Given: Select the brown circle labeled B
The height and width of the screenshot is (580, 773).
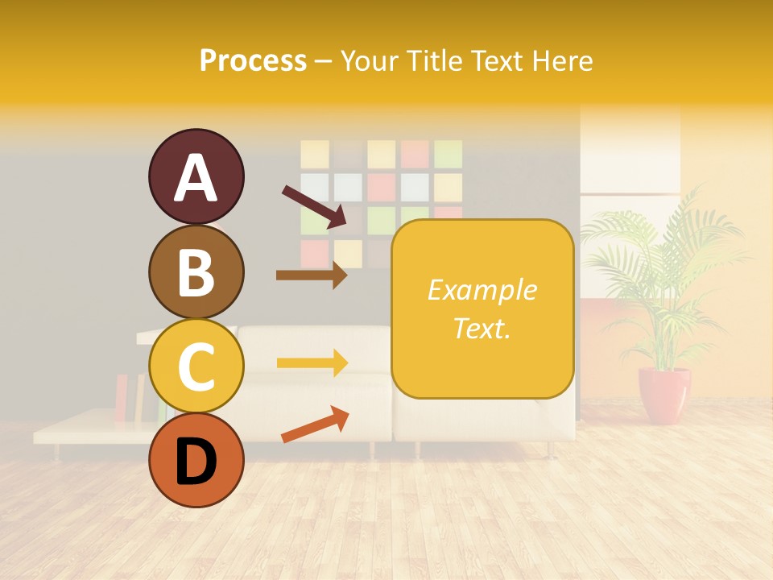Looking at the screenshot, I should (196, 271).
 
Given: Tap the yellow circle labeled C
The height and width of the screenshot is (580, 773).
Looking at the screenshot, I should (196, 366).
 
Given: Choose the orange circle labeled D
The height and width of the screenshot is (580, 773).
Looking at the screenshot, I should (196, 460).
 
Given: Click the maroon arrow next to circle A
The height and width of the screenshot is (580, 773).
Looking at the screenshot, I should (314, 206).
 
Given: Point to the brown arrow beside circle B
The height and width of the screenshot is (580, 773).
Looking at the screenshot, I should (312, 275).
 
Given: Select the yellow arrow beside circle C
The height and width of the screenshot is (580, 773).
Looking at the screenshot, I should (312, 362).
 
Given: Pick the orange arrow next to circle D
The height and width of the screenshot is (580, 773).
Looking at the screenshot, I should (315, 425).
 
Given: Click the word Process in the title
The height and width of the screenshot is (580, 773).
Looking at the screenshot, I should (253, 60).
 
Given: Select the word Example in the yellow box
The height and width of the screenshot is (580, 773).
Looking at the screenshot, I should (482, 290).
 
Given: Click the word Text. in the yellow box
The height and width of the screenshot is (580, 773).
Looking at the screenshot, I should (482, 328).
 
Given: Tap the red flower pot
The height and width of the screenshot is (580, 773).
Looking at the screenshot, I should (664, 395).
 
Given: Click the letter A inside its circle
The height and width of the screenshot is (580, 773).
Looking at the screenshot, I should (196, 177).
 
